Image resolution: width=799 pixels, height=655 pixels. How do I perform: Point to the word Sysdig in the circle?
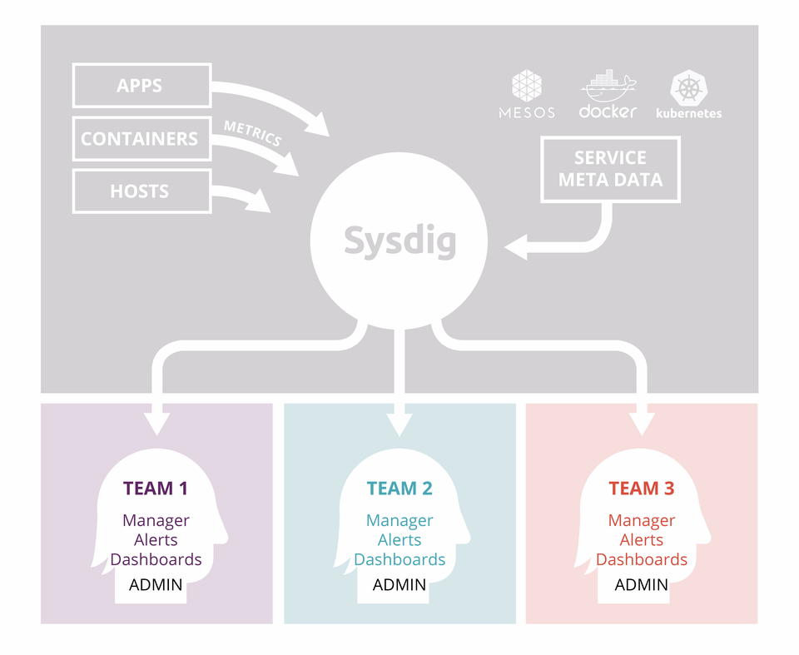(400, 241)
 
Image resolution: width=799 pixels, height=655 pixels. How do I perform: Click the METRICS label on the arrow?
(253, 133)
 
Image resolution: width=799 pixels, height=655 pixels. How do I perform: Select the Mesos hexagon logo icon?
(527, 86)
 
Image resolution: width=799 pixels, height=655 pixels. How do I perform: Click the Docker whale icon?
(608, 86)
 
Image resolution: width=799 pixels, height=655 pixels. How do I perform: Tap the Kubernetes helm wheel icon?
(689, 88)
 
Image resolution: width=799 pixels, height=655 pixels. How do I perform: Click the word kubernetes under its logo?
(689, 113)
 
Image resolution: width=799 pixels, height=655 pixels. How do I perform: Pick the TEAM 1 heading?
(156, 489)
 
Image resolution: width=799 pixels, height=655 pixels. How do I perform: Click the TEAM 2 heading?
(399, 489)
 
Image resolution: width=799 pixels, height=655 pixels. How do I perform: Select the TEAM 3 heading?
(642, 489)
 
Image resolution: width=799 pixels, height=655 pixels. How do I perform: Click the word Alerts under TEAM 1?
(156, 540)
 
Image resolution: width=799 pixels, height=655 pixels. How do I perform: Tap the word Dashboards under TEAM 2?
(399, 559)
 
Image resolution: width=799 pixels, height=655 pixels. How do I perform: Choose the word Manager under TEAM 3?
(642, 520)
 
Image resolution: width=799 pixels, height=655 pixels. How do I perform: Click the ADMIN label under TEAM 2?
(399, 584)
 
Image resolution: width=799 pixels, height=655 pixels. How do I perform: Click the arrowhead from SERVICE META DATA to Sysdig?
(516, 247)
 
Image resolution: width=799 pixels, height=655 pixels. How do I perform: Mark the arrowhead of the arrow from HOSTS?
(258, 202)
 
